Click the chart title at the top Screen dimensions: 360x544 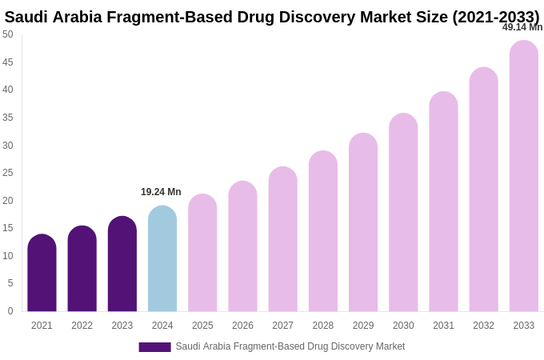pos(272,17)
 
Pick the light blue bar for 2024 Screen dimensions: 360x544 pos(162,259)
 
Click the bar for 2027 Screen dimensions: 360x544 pos(282,240)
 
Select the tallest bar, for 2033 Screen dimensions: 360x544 pos(524,176)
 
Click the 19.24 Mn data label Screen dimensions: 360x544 pos(161,192)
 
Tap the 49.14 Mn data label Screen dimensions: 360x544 pos(522,27)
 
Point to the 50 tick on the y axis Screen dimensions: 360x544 pos(8,34)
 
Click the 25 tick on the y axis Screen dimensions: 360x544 pos(8,173)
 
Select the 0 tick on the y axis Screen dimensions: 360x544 pos(10,311)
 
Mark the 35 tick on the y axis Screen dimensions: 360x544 pos(8,118)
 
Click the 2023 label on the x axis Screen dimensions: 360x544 pos(122,326)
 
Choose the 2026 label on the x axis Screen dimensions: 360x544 pos(242,326)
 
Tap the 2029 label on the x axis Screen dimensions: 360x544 pos(363,326)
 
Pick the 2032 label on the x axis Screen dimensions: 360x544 pos(483,326)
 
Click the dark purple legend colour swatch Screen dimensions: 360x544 pos(154,347)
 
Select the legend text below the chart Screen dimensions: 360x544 pos(290,346)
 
